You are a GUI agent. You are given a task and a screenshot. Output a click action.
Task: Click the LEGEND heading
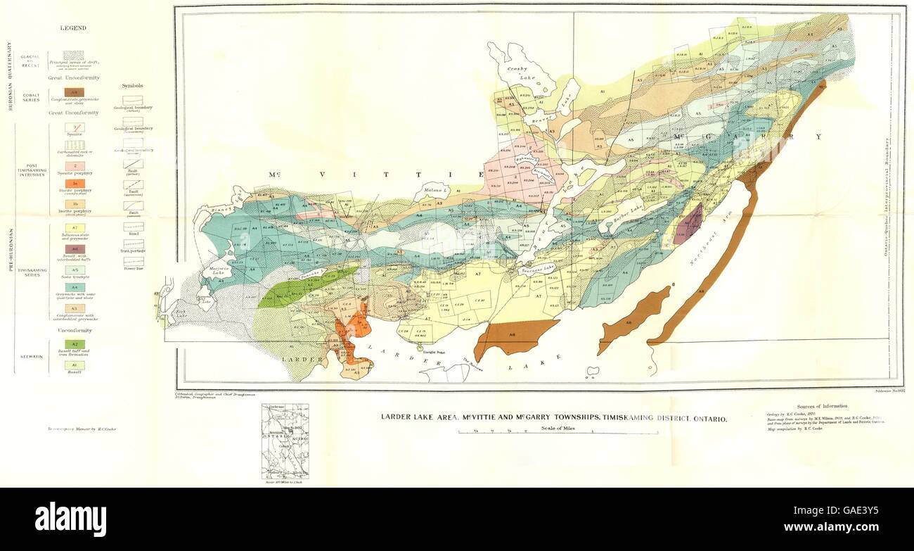coord(72,28)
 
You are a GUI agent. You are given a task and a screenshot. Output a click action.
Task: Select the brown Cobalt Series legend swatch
coord(74,91)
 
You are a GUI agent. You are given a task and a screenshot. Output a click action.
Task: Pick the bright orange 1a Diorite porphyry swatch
coord(74,184)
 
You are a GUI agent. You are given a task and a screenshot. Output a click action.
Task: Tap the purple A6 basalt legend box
coord(74,249)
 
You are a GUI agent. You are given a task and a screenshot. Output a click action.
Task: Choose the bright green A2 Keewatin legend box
coord(74,344)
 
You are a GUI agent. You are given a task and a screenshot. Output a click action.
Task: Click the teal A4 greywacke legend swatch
coord(74,288)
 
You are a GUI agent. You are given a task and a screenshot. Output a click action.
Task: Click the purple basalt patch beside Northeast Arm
coord(688,225)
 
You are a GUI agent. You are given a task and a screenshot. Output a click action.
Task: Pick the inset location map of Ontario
coord(285,441)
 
